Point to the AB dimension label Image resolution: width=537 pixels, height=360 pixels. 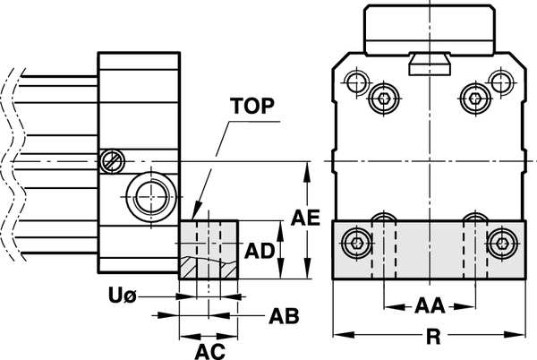pos(283,316)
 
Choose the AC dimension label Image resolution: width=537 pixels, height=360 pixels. pos(209,348)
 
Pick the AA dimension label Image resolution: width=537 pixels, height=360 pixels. pos(430,305)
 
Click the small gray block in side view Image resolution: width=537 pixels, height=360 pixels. pos(209,250)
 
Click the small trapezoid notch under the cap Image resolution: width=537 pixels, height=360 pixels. pos(429,64)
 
